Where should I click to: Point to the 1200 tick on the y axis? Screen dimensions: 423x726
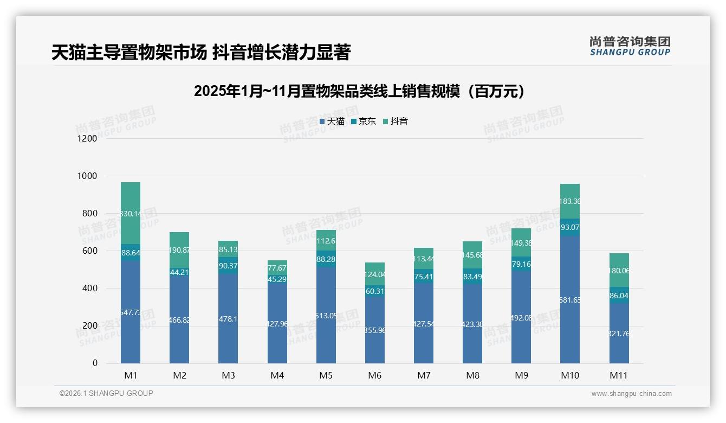click(x=86, y=138)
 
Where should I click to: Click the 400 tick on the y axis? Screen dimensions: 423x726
click(x=89, y=289)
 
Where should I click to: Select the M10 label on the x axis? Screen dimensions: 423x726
click(x=570, y=375)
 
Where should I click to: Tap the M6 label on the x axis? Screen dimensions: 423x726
click(x=374, y=375)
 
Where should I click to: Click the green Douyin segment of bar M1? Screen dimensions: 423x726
click(x=131, y=213)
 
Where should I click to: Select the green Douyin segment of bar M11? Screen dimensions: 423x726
click(x=619, y=270)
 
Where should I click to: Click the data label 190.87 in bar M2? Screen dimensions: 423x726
click(x=179, y=251)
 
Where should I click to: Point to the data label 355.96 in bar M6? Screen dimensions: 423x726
click(x=374, y=330)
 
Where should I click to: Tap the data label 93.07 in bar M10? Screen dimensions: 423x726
click(x=570, y=227)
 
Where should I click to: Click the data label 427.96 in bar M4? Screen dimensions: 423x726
click(x=277, y=324)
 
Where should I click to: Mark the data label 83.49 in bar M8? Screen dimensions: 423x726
click(x=472, y=277)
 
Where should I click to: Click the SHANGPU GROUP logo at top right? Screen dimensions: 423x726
click(x=630, y=46)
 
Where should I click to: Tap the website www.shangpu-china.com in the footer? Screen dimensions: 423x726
click(x=631, y=394)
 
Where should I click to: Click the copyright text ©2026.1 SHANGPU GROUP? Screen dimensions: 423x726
click(x=106, y=393)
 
